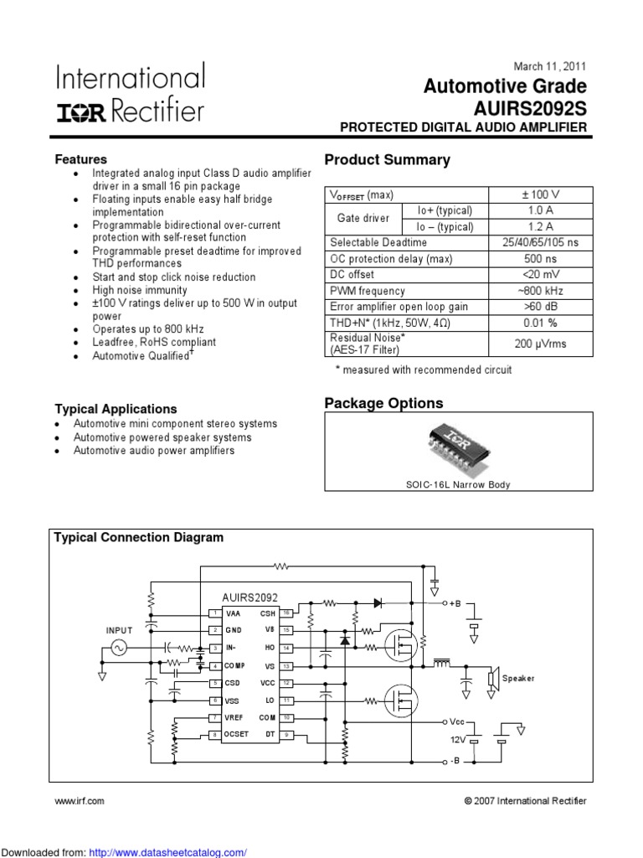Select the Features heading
click(80, 159)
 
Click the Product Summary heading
click(387, 160)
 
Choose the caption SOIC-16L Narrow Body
click(458, 484)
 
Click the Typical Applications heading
click(116, 409)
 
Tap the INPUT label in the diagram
click(119, 629)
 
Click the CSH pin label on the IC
click(268, 613)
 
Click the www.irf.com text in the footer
click(80, 801)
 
